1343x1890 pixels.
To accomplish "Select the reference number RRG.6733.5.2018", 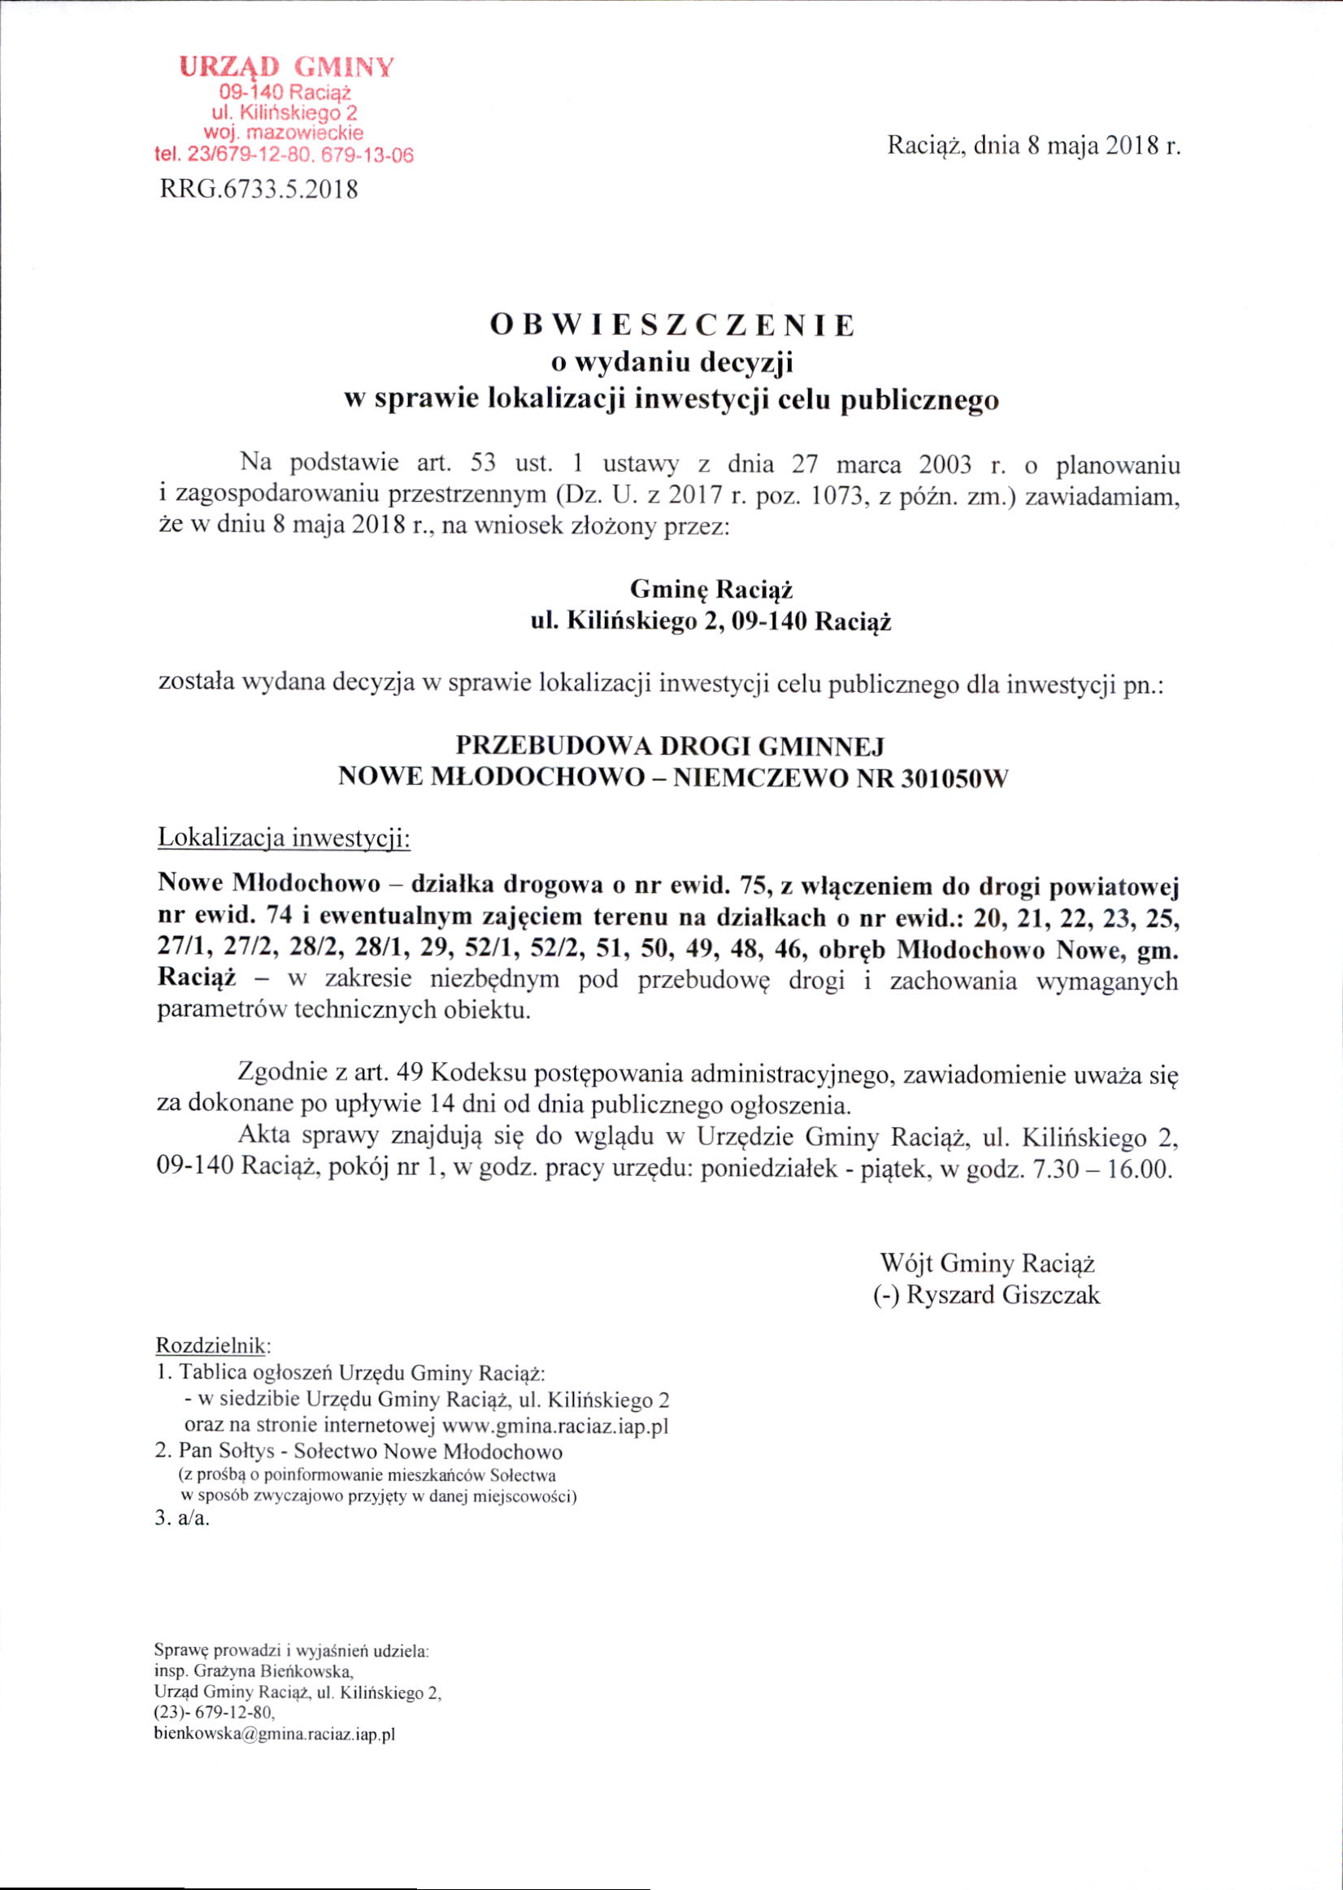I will [257, 190].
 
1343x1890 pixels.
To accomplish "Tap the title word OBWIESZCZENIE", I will [671, 325].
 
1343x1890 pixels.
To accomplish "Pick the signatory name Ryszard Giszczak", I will [1003, 1295].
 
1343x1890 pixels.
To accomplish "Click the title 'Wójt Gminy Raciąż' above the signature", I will [988, 1263].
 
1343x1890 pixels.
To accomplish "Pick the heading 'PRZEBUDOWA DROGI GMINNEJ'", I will [671, 746].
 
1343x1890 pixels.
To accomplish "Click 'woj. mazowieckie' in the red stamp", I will [284, 133].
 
